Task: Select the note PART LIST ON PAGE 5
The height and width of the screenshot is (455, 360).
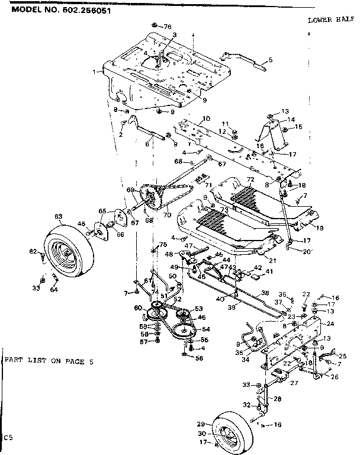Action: click(x=47, y=360)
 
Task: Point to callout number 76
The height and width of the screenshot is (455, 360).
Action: click(x=167, y=27)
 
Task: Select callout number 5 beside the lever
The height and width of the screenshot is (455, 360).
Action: click(x=270, y=60)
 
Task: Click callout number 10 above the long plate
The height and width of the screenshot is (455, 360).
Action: click(x=206, y=119)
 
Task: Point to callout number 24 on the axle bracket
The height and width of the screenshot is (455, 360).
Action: click(x=330, y=324)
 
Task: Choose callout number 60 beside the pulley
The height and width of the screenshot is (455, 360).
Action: click(x=137, y=307)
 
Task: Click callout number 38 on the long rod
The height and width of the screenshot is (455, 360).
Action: click(x=265, y=293)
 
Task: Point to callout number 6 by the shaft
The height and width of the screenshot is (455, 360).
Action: click(x=146, y=144)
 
